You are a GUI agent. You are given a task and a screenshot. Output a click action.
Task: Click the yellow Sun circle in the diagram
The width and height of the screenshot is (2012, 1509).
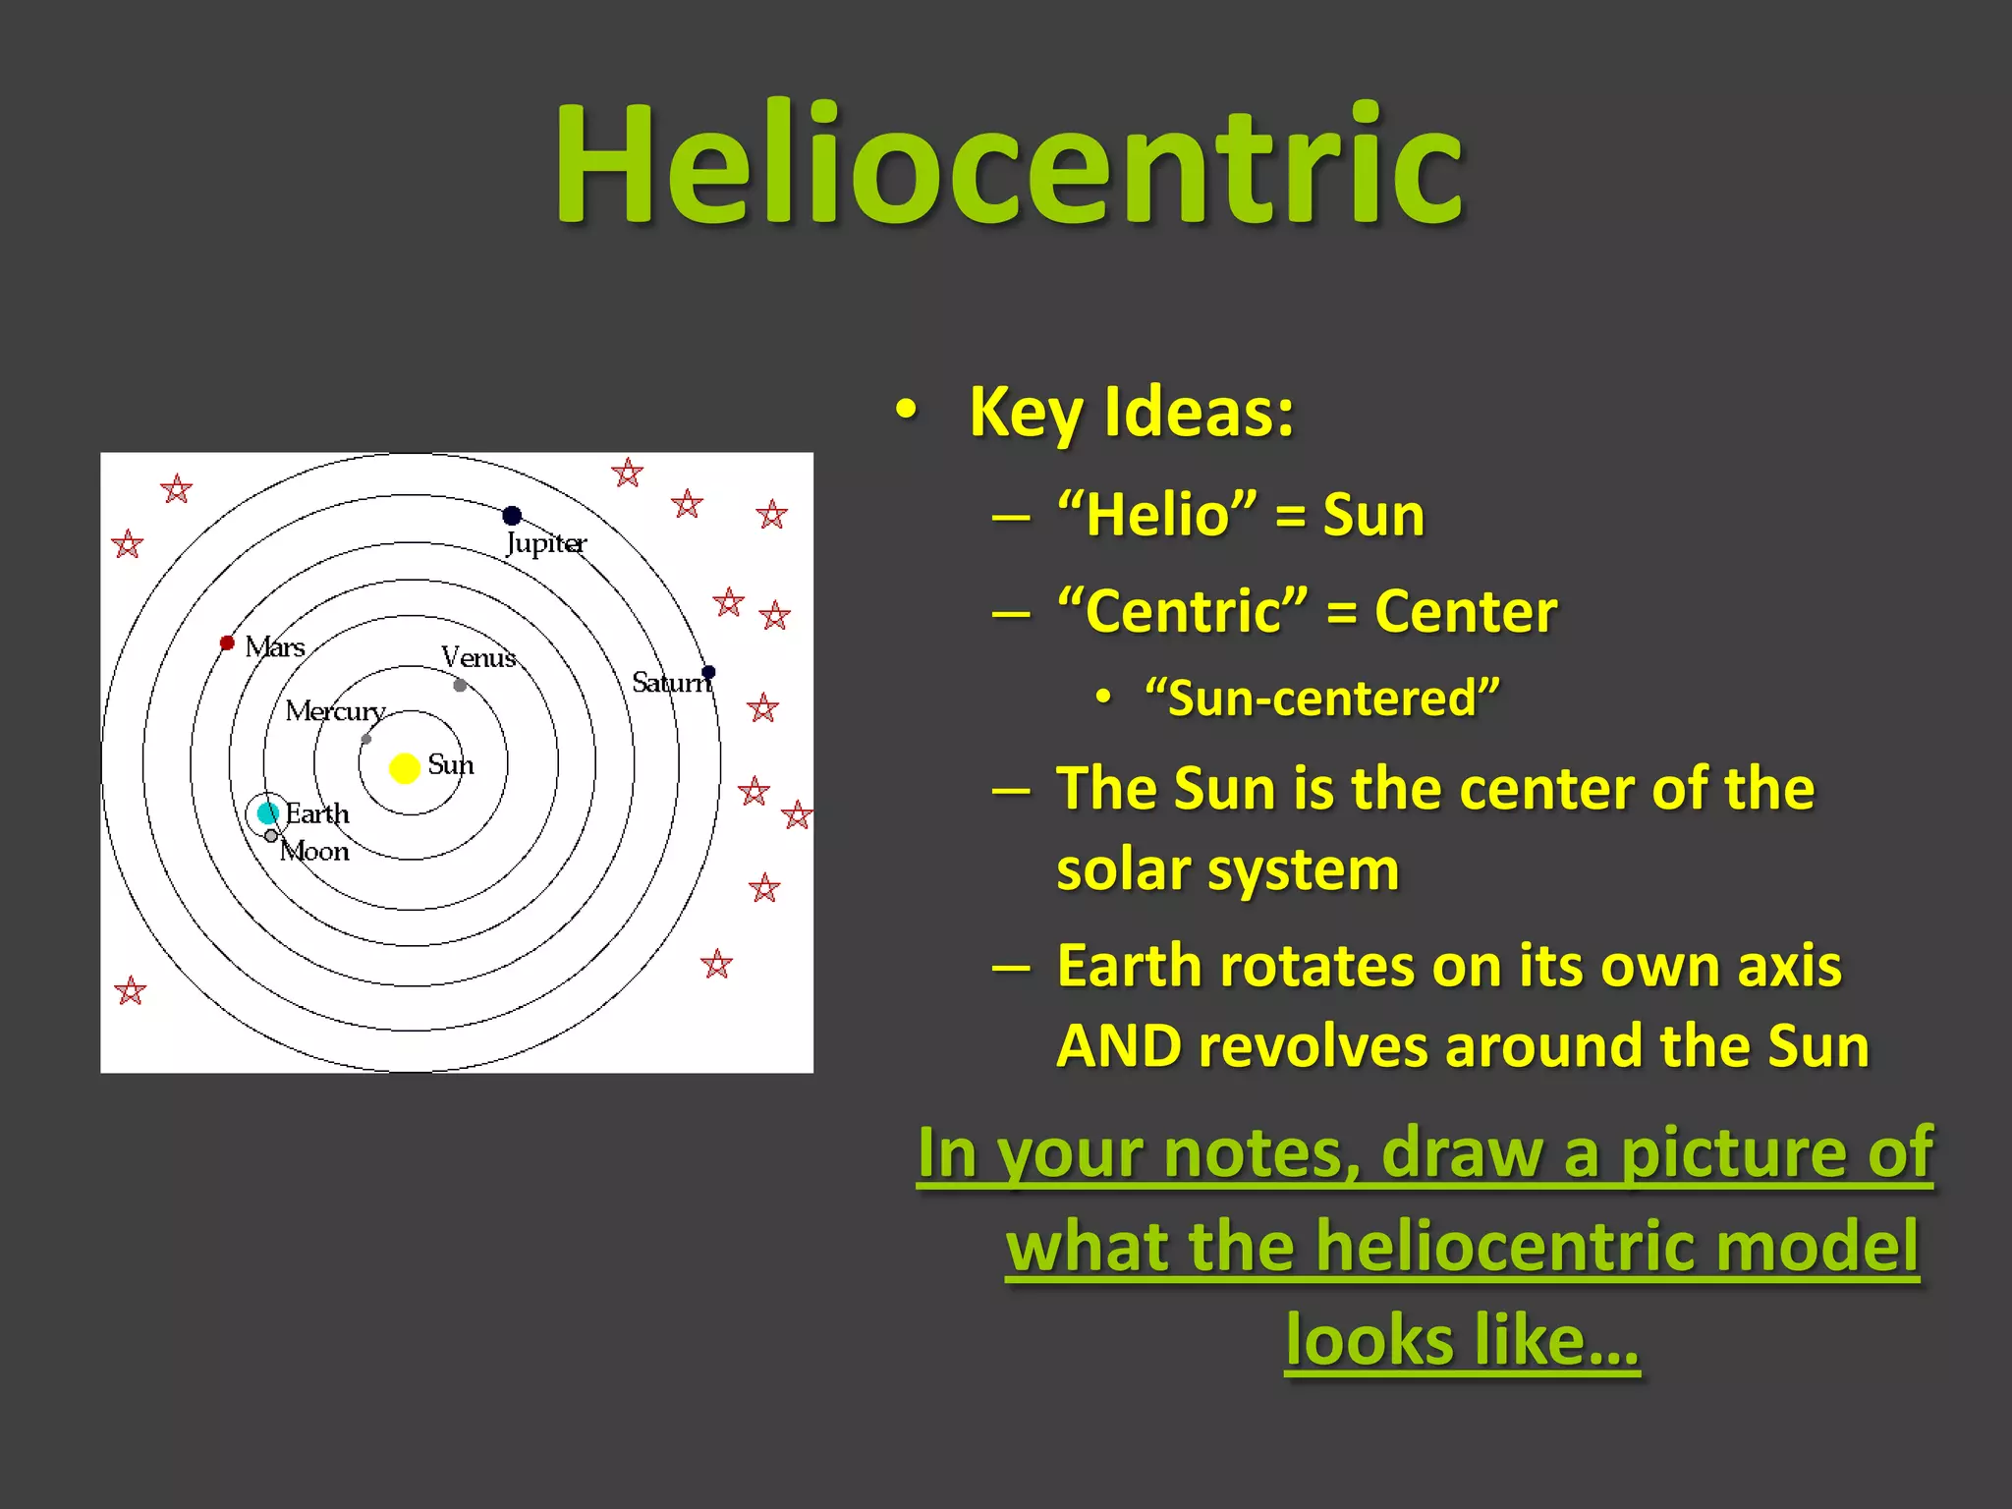[404, 767]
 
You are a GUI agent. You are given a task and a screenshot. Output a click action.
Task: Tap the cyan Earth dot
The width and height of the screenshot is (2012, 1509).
[267, 812]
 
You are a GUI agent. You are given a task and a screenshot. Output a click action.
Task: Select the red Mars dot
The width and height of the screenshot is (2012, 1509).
[227, 643]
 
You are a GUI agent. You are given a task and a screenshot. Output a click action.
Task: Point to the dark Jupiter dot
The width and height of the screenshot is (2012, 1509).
[512, 516]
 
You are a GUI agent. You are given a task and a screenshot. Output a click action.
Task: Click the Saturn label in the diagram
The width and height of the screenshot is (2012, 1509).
[669, 682]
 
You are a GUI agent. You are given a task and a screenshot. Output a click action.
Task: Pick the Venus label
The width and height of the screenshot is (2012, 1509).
[478, 657]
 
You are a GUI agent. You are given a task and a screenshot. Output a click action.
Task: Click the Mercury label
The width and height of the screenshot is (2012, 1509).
[334, 710]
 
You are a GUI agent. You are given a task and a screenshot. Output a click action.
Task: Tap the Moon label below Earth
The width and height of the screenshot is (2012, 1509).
[314, 851]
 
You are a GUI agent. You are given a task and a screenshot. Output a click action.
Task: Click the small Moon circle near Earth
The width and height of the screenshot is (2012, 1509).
[271, 836]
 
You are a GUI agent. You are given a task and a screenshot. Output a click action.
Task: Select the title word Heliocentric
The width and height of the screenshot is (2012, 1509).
[1008, 164]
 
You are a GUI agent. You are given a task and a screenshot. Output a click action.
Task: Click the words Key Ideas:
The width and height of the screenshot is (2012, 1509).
[1131, 413]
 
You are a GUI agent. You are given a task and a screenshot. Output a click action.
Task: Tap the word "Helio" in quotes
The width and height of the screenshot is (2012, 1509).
[1156, 515]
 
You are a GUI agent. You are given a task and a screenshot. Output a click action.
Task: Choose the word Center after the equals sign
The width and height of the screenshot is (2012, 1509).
[1465, 612]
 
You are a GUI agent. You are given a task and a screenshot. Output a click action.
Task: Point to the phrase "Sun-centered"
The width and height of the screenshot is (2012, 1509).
[1322, 699]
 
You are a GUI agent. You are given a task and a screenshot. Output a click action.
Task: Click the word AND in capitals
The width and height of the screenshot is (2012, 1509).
[1119, 1046]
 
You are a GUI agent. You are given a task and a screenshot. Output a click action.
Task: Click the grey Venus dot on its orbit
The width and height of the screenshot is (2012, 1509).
[460, 685]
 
